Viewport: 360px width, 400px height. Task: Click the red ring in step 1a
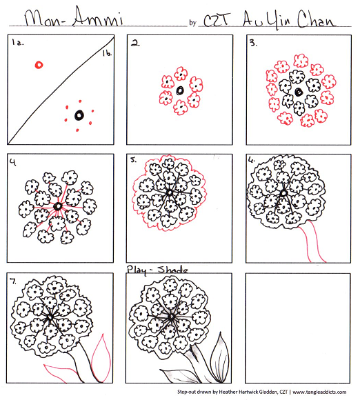click(39, 65)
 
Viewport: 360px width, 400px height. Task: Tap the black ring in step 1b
click(79, 114)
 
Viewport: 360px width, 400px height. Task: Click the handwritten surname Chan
click(318, 17)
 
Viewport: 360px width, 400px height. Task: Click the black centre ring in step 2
click(180, 90)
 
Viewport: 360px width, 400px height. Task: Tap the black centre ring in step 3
click(299, 91)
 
